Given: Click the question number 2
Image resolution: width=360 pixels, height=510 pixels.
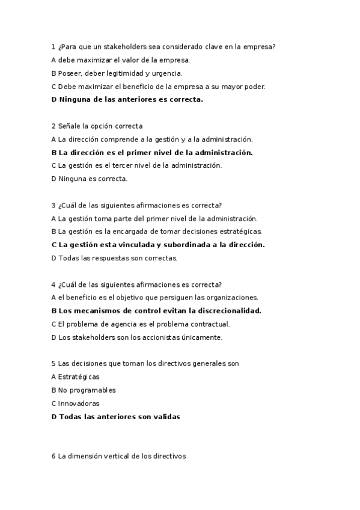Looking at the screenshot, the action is click(53, 126).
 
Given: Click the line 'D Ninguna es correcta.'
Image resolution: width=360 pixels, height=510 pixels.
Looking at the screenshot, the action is click(90, 179).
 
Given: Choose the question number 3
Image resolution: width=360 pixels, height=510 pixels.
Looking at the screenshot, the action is click(53, 205).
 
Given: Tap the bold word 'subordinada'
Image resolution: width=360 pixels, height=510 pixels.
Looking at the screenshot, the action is click(188, 245).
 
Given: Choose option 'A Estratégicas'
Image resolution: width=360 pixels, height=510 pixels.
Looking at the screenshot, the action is click(76, 377).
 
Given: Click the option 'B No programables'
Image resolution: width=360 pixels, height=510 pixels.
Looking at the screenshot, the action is click(84, 390).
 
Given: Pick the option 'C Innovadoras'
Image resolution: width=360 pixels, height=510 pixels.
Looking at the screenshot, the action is click(76, 404).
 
